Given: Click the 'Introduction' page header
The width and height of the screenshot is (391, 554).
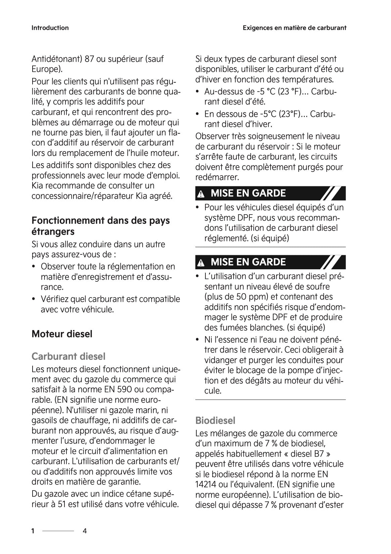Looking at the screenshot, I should [x=50, y=28].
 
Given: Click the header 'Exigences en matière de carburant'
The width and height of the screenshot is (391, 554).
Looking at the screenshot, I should [x=294, y=28].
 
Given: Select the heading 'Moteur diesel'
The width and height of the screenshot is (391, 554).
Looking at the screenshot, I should [x=62, y=334].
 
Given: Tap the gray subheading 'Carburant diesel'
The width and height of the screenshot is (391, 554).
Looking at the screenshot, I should [x=68, y=356].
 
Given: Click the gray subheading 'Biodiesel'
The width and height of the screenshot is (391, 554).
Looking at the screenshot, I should [x=215, y=420].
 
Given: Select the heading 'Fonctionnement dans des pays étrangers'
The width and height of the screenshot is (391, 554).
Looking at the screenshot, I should [x=100, y=226].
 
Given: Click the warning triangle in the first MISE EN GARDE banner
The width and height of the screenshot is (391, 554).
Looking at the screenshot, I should [x=201, y=194].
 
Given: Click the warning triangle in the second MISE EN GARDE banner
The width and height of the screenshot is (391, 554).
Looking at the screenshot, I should [x=201, y=263].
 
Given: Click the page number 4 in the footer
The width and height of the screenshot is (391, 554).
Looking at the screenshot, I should [x=85, y=531].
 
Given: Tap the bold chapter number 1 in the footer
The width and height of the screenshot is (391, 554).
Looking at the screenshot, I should [x=33, y=531].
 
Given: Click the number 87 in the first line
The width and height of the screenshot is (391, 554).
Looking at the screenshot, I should [x=89, y=59].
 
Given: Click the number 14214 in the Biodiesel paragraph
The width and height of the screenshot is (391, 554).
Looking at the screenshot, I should [x=204, y=484].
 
